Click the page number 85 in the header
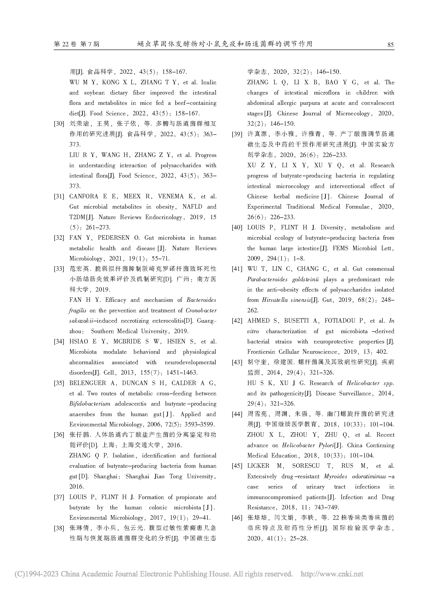coord(390,45)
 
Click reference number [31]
coord(59,196)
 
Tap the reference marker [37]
coord(59,498)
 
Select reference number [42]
coord(237,321)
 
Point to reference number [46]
coord(237,518)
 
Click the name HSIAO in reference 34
coord(79,342)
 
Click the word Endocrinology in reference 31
coord(164,217)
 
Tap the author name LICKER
coord(258,466)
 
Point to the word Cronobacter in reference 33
coord(201,311)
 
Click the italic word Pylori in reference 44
coord(326,445)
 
